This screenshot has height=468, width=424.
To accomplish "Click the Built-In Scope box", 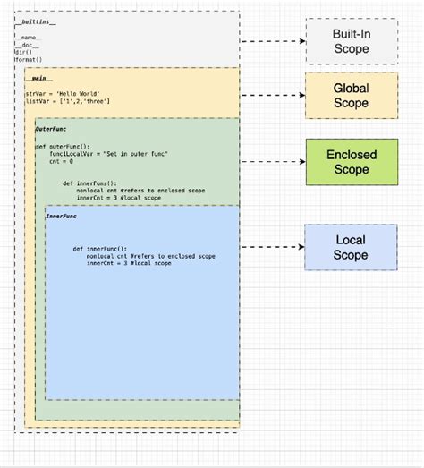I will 351,40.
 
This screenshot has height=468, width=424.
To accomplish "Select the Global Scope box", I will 351,96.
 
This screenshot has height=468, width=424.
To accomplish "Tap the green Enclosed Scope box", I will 351,162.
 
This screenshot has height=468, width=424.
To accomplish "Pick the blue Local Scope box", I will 351,247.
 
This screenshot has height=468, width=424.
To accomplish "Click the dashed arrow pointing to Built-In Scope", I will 273,41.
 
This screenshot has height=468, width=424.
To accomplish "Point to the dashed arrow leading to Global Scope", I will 273,96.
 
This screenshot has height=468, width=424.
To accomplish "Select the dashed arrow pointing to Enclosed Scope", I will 273,162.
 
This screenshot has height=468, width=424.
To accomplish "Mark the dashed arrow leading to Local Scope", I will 273,247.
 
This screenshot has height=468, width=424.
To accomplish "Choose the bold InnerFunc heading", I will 62,217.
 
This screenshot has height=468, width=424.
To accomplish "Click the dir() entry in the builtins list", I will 22,53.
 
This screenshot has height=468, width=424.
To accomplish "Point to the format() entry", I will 27,61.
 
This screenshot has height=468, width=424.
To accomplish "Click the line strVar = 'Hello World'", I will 57,94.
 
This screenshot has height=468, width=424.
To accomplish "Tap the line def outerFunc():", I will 65,146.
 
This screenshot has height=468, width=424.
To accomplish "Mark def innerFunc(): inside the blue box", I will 106,249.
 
